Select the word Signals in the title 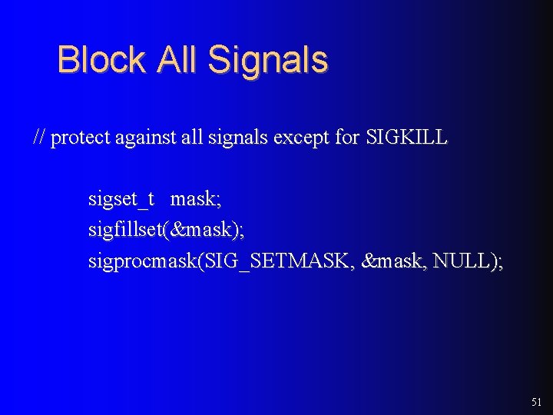point(268,60)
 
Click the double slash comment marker point(40,138)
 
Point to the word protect point(81,139)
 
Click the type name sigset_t point(121,200)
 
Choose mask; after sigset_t point(196,199)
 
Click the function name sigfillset point(124,231)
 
